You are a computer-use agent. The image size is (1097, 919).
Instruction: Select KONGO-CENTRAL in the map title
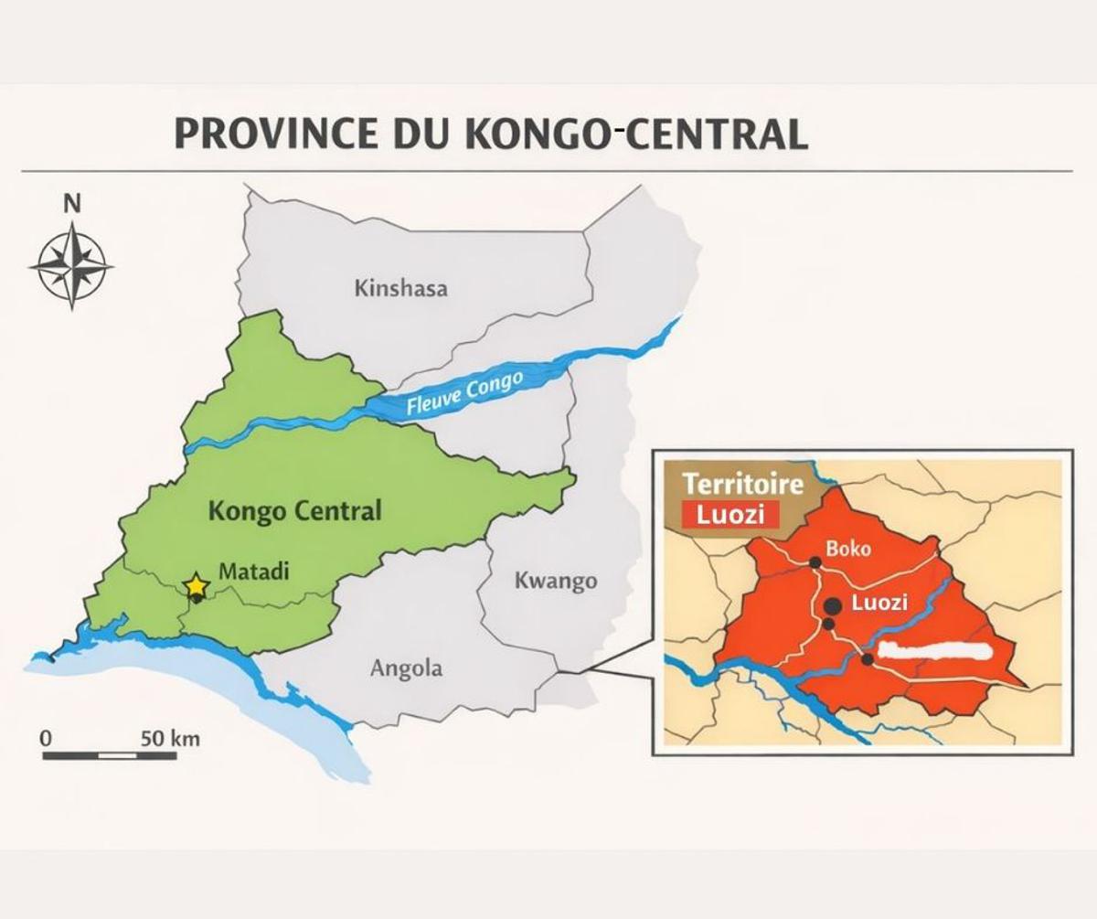coord(637,134)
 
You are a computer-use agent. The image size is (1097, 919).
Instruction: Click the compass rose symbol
coord(71,266)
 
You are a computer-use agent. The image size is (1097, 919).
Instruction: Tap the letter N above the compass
coord(72,204)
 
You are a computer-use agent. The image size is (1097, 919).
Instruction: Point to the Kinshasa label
coord(400,289)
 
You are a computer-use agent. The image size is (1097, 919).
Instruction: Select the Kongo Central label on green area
coord(294,510)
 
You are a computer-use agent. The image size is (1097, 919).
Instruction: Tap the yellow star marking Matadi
coord(196,585)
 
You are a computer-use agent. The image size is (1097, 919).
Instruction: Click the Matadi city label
coord(253,572)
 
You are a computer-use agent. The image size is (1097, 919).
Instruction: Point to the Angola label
coord(406,668)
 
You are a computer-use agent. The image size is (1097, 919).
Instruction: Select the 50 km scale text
coord(170,738)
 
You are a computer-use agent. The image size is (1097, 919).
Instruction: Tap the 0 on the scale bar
coord(47,738)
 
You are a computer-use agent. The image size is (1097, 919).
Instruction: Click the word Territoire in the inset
coord(743,484)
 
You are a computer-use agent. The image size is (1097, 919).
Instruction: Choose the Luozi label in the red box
coord(730,515)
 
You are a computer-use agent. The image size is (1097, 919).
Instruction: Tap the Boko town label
coord(848,550)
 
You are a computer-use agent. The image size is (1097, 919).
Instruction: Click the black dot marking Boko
coord(814,561)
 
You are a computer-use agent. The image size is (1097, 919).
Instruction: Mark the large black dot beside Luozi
coord(833,604)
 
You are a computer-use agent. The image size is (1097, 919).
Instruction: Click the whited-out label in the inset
coord(933,652)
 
